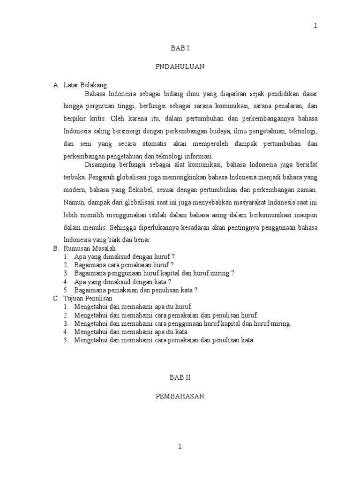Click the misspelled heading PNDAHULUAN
(180, 67)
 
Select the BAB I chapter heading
(180, 48)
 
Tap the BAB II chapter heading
(180, 377)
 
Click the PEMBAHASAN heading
(180, 396)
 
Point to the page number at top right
(315, 26)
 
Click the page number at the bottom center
(180, 447)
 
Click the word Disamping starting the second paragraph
(99, 165)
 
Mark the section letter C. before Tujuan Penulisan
(55, 298)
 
